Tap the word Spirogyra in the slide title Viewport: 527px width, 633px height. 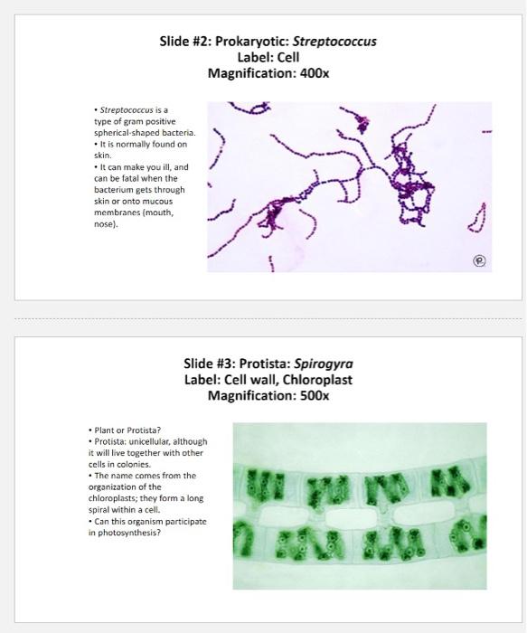(x=324, y=364)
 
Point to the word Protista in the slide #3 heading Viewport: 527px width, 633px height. (x=266, y=364)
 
